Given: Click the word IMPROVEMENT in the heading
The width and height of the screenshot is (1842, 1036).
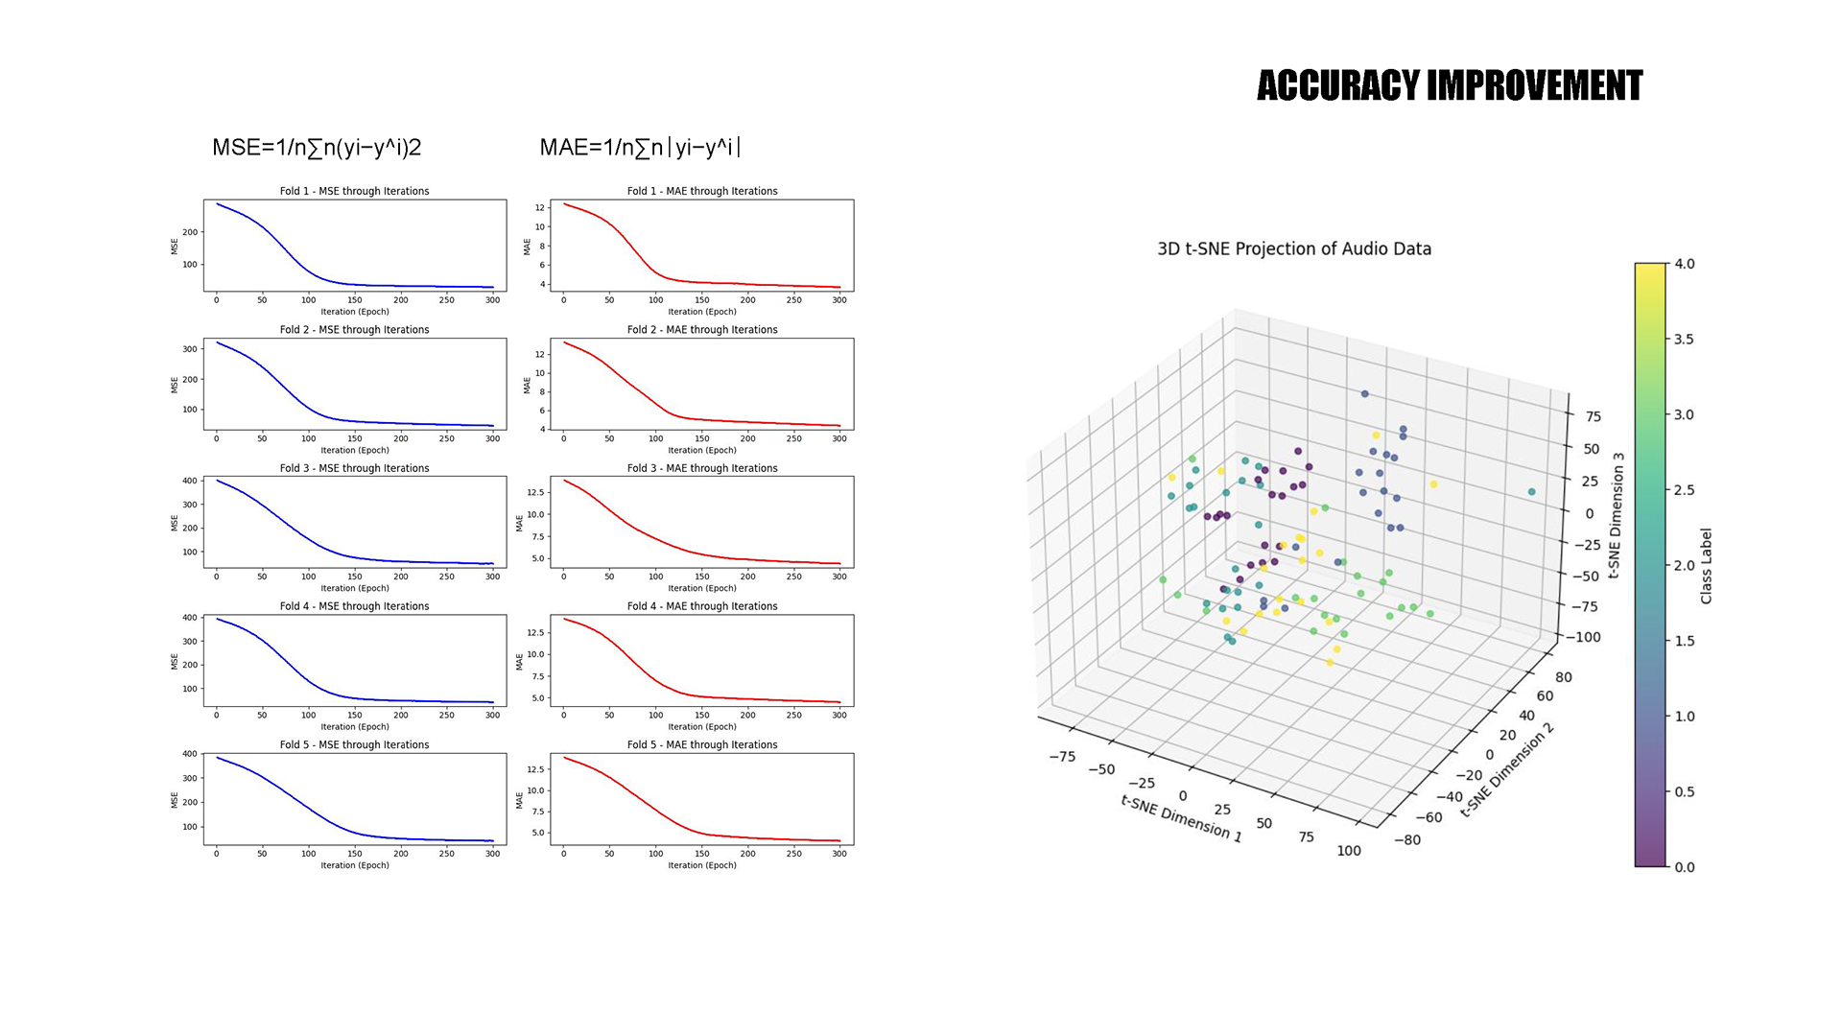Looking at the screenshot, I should tap(1535, 86).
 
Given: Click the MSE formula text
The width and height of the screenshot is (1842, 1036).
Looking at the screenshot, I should tap(317, 148).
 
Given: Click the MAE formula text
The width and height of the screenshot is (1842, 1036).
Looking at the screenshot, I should tap(640, 148).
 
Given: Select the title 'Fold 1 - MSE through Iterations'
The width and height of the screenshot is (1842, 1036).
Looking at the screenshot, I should tap(354, 191).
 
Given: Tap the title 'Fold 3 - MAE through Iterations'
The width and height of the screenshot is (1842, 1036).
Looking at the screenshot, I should tap(702, 468).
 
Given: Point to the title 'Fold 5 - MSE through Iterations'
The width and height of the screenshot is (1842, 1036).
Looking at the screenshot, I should tap(354, 744).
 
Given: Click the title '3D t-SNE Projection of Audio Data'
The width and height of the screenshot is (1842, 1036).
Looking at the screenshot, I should tap(1294, 249).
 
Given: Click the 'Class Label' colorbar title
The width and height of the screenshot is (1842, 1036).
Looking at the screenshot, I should tap(1706, 566).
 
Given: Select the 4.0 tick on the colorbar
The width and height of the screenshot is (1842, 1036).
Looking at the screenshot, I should tap(1685, 264).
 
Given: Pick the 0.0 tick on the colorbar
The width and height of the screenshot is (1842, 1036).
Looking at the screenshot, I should tap(1685, 867).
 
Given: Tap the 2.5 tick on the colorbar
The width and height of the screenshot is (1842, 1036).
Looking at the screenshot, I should tap(1685, 490).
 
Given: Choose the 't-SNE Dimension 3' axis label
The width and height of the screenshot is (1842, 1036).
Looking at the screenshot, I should tap(1617, 515).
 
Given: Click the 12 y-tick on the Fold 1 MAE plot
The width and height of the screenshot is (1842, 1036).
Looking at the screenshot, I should tap(540, 207).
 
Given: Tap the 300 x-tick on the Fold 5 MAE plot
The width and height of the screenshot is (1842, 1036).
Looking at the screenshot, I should tap(839, 854).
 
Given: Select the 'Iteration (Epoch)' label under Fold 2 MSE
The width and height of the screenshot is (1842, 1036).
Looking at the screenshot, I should tap(354, 450).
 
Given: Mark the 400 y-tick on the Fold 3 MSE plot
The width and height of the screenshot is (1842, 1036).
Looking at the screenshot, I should tap(190, 481).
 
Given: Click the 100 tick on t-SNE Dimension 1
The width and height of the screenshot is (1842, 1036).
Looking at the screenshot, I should tap(1349, 851).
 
